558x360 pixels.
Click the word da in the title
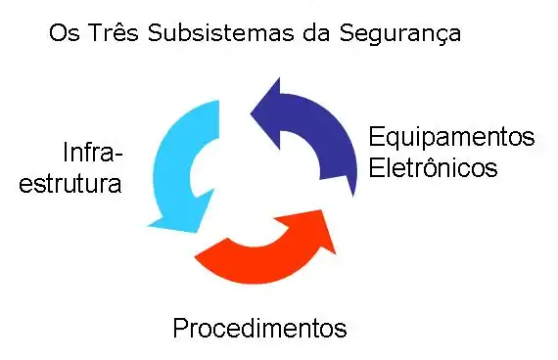317,34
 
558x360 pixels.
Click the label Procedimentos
259,328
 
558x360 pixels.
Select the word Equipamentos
451,137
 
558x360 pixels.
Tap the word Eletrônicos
434,167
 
